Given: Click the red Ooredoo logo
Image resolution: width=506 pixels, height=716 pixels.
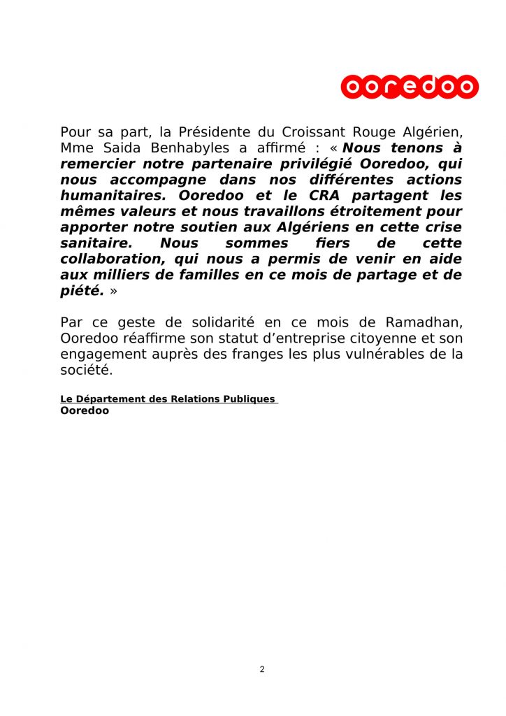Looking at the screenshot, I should [x=410, y=87].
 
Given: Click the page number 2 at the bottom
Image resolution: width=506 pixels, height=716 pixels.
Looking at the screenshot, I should [x=262, y=669].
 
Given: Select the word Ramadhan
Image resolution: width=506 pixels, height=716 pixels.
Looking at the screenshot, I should [x=424, y=322].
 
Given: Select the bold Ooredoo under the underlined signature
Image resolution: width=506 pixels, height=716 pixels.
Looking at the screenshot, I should [x=85, y=411].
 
